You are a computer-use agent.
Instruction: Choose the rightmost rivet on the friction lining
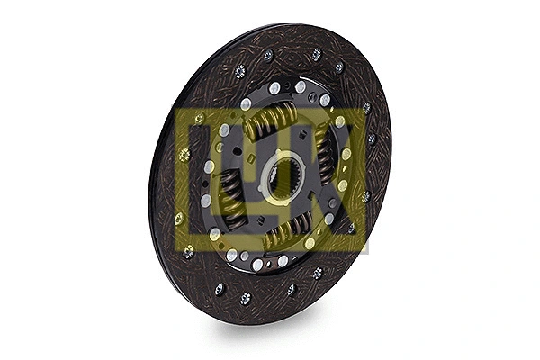(x=372, y=139)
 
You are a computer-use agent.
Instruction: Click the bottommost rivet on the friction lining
(x=245, y=298)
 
